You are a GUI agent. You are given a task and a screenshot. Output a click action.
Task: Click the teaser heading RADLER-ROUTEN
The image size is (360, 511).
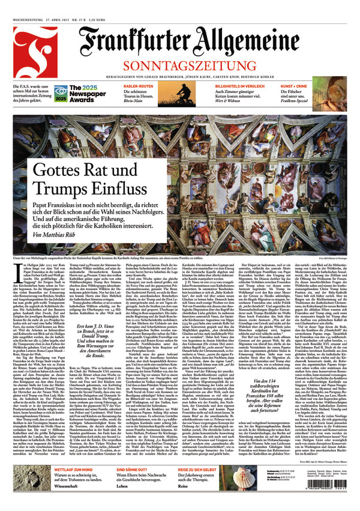click(x=137, y=85)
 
